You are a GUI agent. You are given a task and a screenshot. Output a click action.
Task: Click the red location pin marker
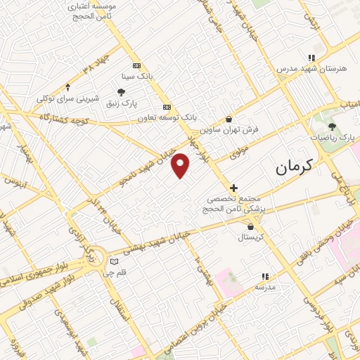[181, 166]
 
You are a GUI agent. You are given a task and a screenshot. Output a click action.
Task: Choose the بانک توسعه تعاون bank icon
[167, 107]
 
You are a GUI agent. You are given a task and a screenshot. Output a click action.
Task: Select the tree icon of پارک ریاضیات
[331, 127]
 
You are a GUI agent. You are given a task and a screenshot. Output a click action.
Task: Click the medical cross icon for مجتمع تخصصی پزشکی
[234, 188]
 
